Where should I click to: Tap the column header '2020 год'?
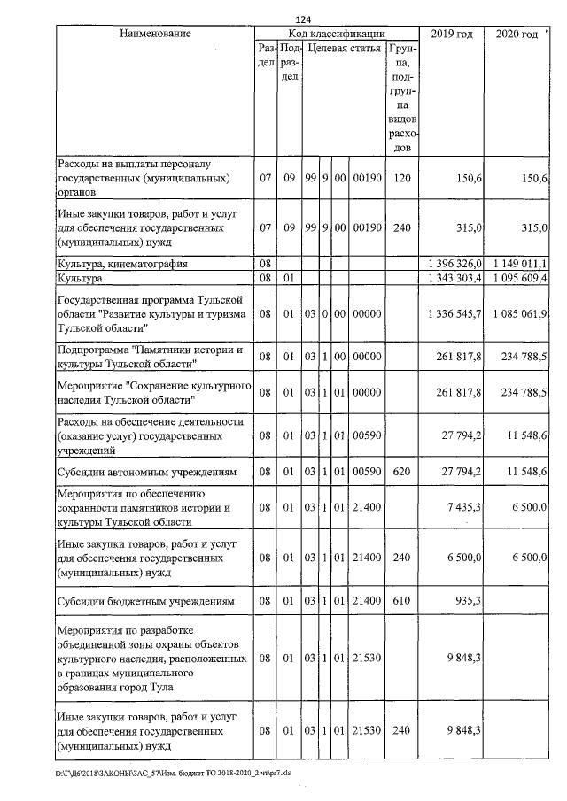coord(517,34)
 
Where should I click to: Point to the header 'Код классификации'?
coord(329,34)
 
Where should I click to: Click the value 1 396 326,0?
coord(452,264)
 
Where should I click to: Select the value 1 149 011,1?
coord(517,264)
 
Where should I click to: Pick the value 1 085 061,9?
coord(517,314)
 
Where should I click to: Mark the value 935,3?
coord(466,602)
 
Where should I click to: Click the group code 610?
coord(402,602)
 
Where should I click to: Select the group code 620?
coord(402,473)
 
